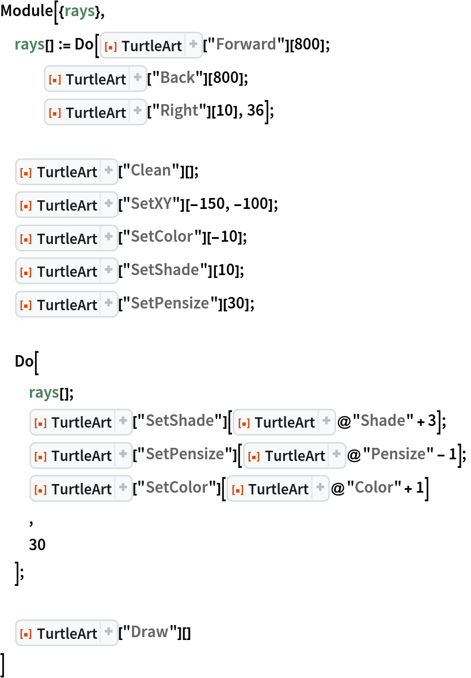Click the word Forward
246,44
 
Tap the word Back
177,78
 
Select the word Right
179,111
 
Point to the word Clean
150,170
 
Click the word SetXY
151,204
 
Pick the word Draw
149,632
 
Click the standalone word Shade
382,421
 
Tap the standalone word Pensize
398,454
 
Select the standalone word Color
374,487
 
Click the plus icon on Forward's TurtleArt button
193,44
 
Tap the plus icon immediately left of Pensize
336,454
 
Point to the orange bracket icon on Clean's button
25,172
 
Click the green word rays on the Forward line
29,44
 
